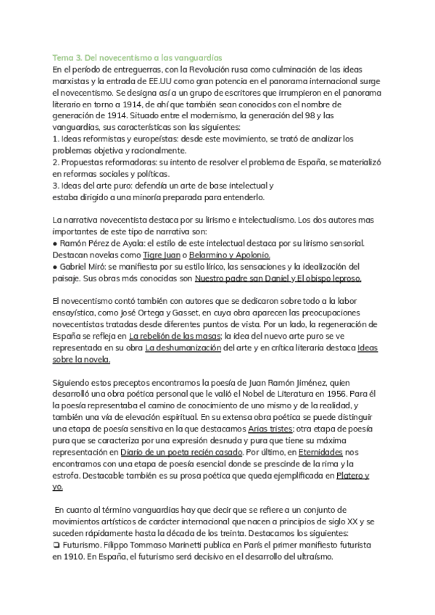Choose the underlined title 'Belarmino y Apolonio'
[x=229, y=255]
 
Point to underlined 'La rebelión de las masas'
[x=171, y=337]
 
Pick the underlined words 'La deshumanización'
[x=182, y=348]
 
